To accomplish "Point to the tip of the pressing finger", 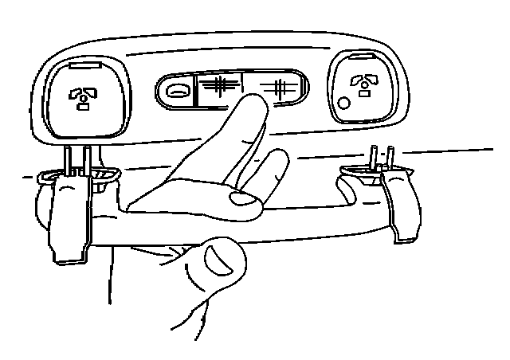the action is [253, 100].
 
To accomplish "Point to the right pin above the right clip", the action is [390, 157].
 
